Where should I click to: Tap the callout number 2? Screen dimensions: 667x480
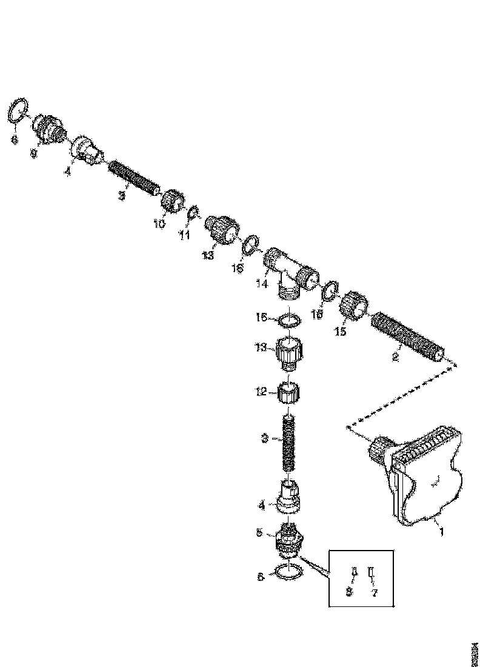(395, 357)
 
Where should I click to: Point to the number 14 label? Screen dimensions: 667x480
(261, 283)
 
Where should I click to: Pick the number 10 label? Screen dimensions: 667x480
(158, 224)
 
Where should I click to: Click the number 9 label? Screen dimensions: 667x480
(34, 154)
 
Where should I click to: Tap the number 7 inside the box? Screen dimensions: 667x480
(374, 593)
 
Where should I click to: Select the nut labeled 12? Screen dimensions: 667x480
(290, 393)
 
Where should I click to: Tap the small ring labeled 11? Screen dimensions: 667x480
(193, 213)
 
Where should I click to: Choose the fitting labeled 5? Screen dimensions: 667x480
(289, 538)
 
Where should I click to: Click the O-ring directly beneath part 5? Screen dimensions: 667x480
(288, 572)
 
